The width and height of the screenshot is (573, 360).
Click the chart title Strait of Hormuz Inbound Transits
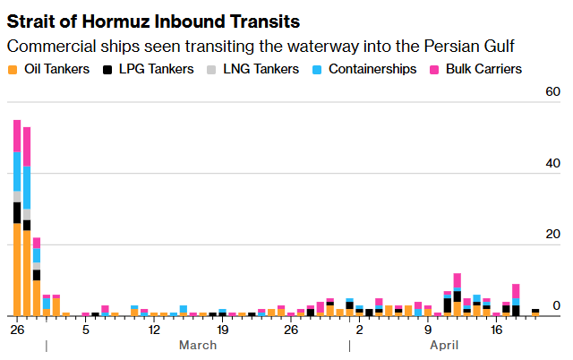click(x=153, y=20)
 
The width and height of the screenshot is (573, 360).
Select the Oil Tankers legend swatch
click(x=12, y=69)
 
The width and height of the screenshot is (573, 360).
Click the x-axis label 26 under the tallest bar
click(x=16, y=329)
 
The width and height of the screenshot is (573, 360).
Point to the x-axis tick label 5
click(x=86, y=329)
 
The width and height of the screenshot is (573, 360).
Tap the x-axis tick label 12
click(x=154, y=329)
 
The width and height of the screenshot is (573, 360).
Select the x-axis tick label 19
click(x=223, y=329)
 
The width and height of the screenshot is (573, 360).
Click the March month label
click(x=198, y=345)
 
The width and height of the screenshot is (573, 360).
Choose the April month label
click(x=444, y=345)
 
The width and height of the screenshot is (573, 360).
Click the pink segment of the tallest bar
click(x=17, y=135)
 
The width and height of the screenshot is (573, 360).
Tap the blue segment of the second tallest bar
click(x=27, y=187)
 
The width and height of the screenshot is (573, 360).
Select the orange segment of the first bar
click(x=17, y=269)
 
